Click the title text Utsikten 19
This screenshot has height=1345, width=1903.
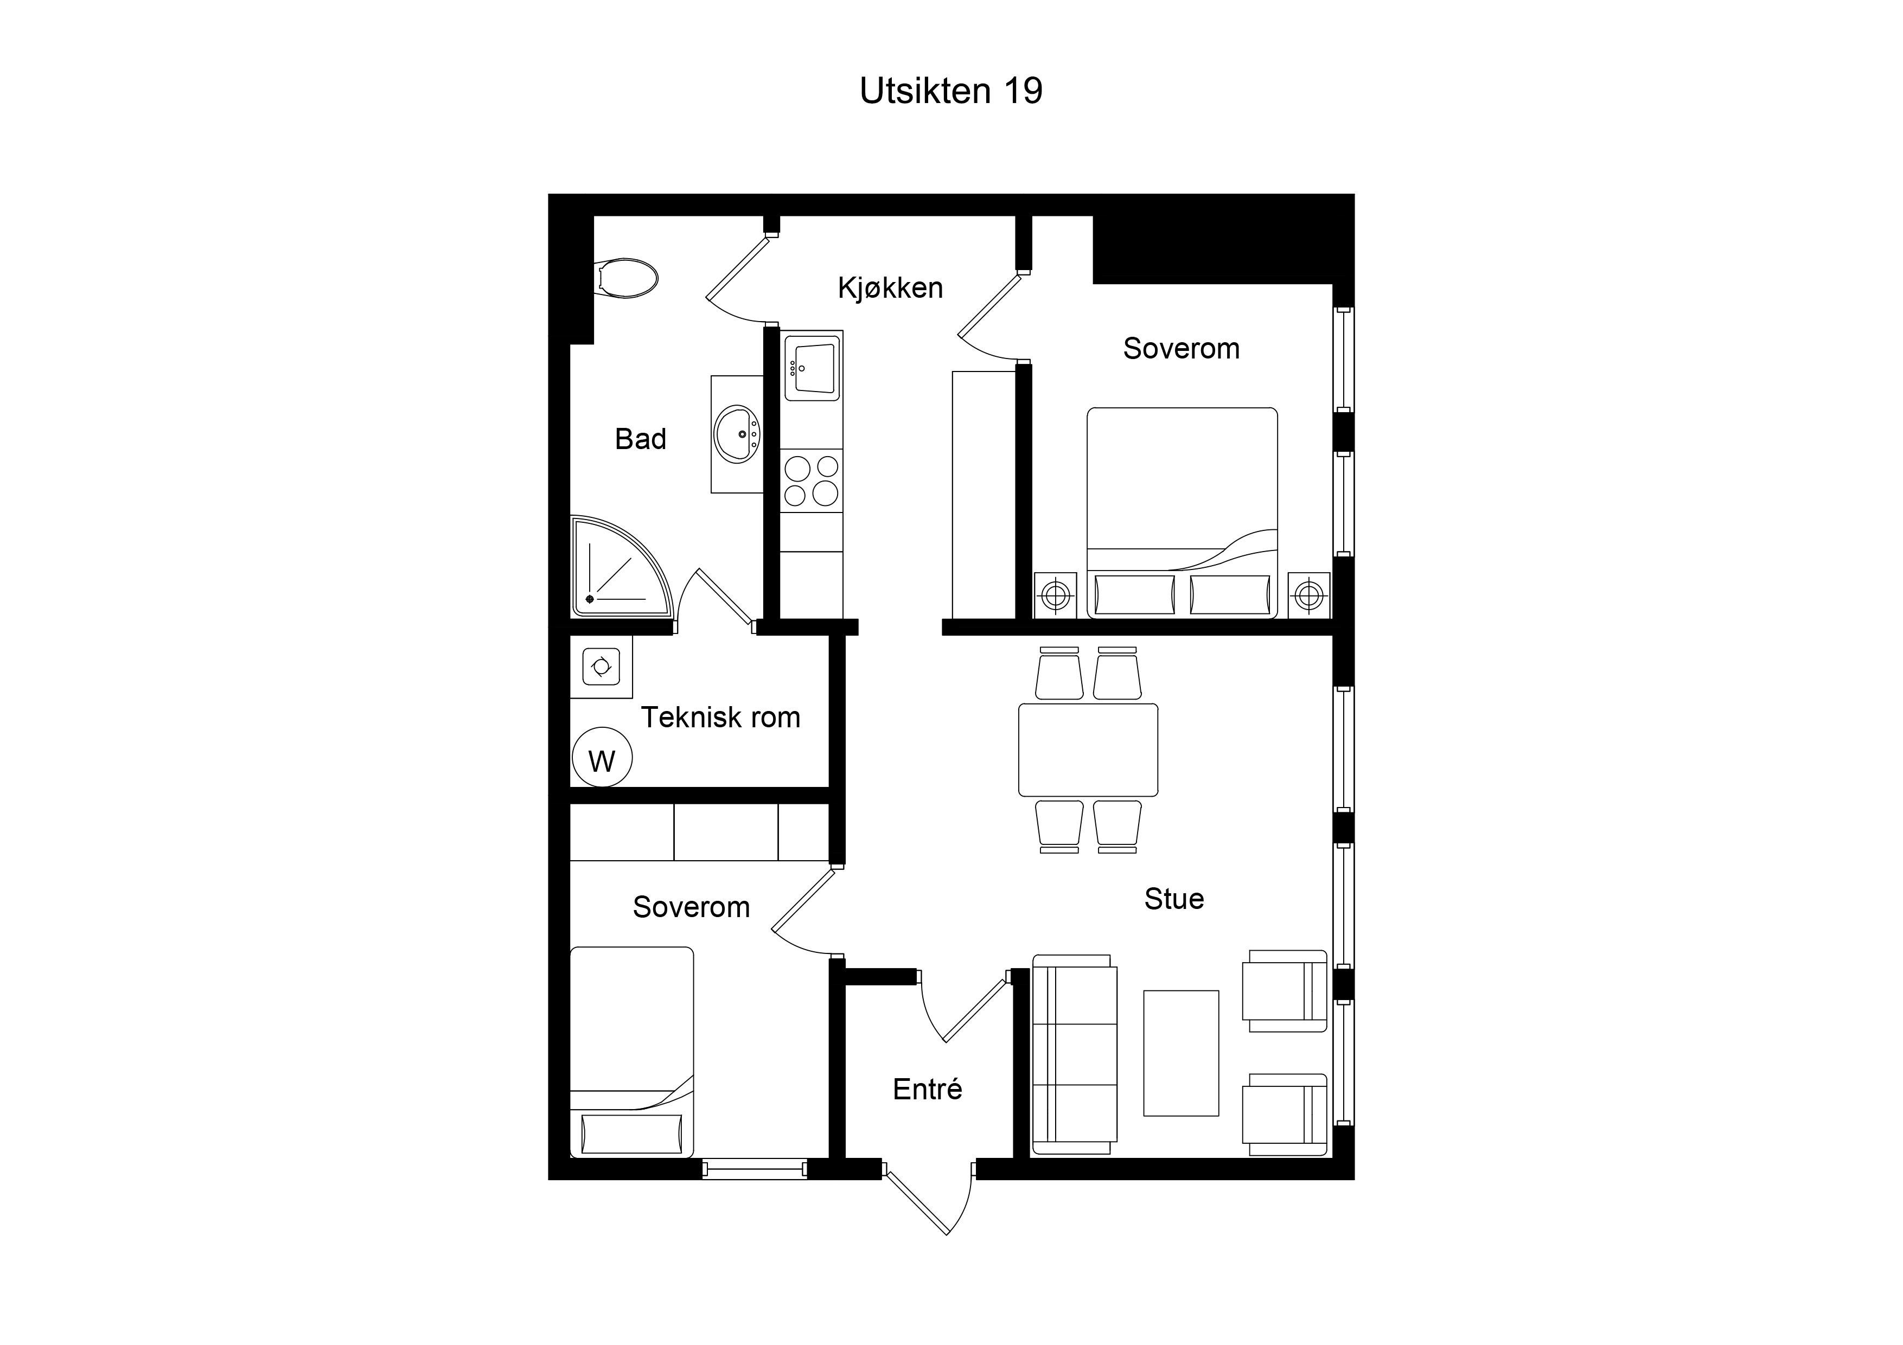coord(950,91)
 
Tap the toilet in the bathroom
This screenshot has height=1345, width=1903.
coord(627,278)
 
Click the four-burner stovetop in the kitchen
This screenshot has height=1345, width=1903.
coord(812,481)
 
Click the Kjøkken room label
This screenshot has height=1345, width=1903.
coord(890,287)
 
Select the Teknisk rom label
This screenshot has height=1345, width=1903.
coord(720,717)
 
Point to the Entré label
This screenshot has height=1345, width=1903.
coord(928,1089)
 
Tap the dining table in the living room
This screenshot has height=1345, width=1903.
coord(1088,750)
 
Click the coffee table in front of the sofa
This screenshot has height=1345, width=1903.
coord(1181,1053)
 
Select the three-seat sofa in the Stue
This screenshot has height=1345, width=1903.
coord(1074,1054)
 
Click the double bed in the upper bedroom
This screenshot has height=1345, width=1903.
coord(1182,513)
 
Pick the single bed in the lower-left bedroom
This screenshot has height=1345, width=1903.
coord(631,1053)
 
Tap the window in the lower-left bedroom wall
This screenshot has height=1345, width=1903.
coord(754,1169)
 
